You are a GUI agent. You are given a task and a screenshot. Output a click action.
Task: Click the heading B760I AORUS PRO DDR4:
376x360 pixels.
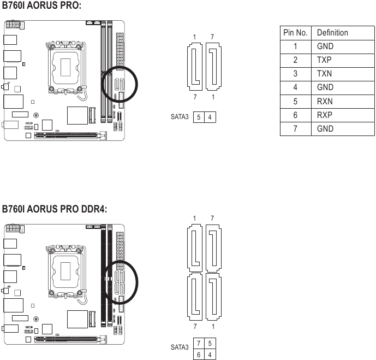[54, 209]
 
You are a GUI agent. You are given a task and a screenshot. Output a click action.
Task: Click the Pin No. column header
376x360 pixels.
[295, 32]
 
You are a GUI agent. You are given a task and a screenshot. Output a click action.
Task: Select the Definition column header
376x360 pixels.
[332, 32]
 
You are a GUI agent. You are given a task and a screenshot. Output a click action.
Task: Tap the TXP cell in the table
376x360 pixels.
[325, 60]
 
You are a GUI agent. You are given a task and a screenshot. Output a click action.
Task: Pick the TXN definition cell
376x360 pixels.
[325, 74]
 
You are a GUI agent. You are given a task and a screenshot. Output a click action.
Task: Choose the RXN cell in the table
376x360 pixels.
[325, 102]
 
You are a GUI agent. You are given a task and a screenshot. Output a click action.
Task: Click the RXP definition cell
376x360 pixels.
[325, 115]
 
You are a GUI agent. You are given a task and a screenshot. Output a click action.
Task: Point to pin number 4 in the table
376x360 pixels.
[295, 87]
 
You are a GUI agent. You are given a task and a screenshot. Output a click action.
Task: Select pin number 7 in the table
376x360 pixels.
[295, 129]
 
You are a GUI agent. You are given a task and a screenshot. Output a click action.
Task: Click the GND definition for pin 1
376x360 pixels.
[325, 46]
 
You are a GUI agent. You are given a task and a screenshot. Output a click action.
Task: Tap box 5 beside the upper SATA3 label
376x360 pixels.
[199, 117]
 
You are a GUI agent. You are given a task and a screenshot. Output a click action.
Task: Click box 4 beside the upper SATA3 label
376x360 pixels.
[210, 117]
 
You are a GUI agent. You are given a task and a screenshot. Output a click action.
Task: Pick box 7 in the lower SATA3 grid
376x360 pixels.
[199, 343]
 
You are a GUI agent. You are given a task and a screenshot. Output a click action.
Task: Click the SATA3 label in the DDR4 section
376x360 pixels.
[180, 347]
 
